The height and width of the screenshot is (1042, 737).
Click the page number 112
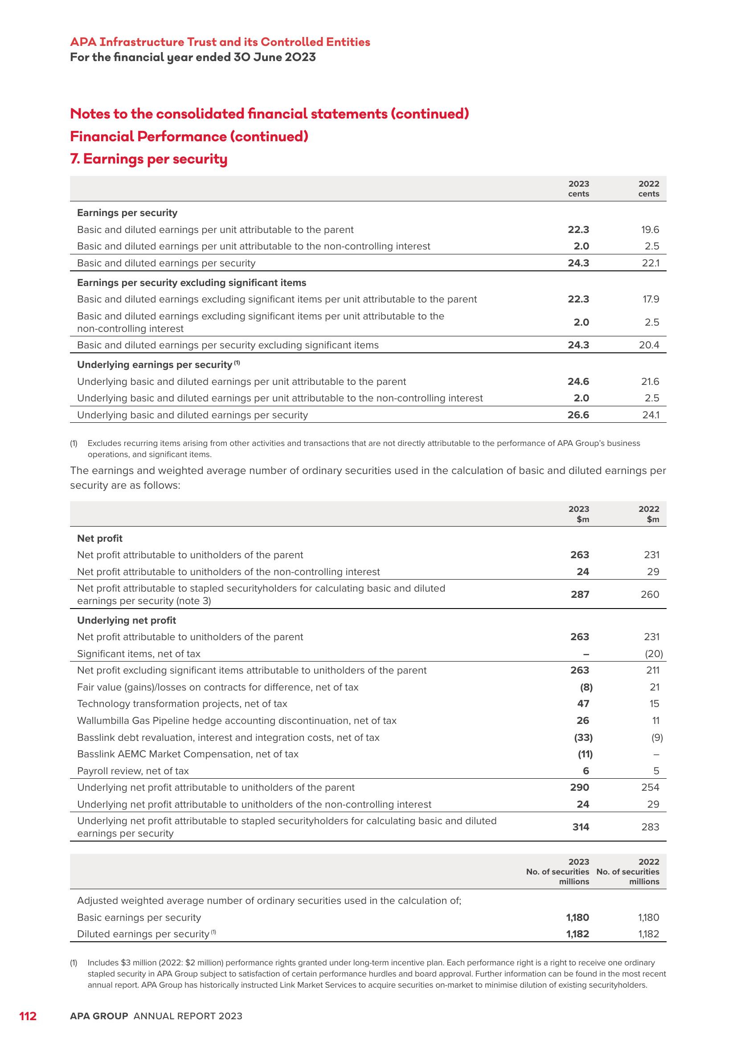coord(28,1016)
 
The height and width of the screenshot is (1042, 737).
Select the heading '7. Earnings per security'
coord(149,159)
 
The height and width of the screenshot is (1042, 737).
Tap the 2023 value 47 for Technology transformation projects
coord(583,703)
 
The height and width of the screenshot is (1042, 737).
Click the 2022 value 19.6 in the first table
coord(650,229)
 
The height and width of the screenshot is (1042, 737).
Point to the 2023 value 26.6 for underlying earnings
coord(578,415)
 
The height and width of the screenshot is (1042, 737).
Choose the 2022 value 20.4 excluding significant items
coord(649,345)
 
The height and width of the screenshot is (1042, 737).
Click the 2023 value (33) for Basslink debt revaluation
coord(583,737)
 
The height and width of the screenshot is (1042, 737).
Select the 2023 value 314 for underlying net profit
coord(581,827)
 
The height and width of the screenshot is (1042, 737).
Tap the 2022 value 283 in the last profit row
coord(650,827)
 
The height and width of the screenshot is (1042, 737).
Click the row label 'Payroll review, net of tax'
coord(133,771)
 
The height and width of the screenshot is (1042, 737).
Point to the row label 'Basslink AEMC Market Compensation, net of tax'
coord(188,754)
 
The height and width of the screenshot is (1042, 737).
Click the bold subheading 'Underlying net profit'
coord(127,620)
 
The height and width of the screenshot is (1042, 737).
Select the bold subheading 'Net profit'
coord(100,538)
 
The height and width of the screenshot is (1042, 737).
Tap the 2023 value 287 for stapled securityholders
coord(580,594)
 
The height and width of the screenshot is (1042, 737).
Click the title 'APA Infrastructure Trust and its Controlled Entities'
coord(220,42)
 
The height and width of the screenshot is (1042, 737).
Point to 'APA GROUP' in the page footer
coord(99,1016)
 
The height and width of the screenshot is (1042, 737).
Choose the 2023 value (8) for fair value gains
coord(586,687)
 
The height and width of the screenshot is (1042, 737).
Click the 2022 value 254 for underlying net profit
coord(650,787)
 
